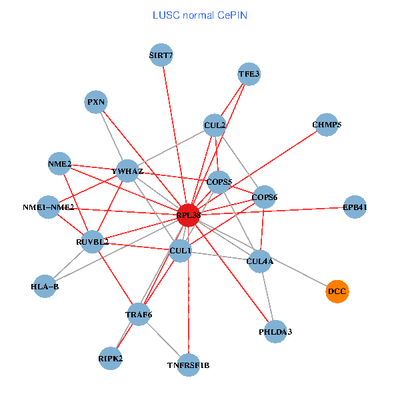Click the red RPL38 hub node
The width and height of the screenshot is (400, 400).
pyautogui.click(x=189, y=215)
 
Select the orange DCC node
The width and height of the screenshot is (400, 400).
pyautogui.click(x=337, y=291)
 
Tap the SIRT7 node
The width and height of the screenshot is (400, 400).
pyautogui.click(x=161, y=55)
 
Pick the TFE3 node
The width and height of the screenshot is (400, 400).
pyautogui.click(x=249, y=74)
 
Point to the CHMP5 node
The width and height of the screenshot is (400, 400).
pyautogui.click(x=327, y=125)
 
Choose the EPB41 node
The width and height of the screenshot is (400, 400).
pyautogui.click(x=355, y=207)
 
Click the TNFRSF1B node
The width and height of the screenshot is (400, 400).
pyautogui.click(x=189, y=365)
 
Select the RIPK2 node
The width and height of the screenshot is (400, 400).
pyautogui.click(x=111, y=358)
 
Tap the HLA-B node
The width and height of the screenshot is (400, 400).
pyautogui.click(x=45, y=287)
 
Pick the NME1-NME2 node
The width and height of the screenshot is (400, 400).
pyautogui.click(x=48, y=207)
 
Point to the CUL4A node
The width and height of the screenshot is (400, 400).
pyautogui.click(x=260, y=261)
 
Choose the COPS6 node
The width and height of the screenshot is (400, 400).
pyautogui.click(x=265, y=197)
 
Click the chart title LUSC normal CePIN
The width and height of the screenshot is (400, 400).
pyautogui.click(x=200, y=15)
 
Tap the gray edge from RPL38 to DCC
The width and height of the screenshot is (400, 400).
pyautogui.click(x=267, y=255)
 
